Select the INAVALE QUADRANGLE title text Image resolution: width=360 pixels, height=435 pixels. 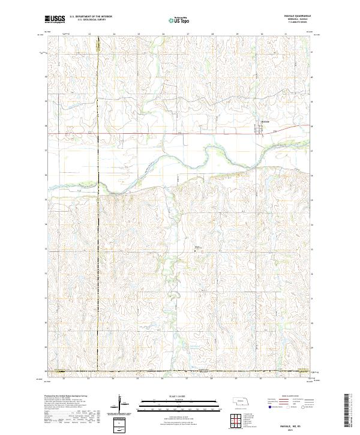click(292, 16)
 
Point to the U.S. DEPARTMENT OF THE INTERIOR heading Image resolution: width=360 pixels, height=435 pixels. click(91, 17)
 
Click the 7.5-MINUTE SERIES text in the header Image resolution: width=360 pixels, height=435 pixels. click(292, 23)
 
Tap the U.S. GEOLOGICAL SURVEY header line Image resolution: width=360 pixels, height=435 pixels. click(91, 20)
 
